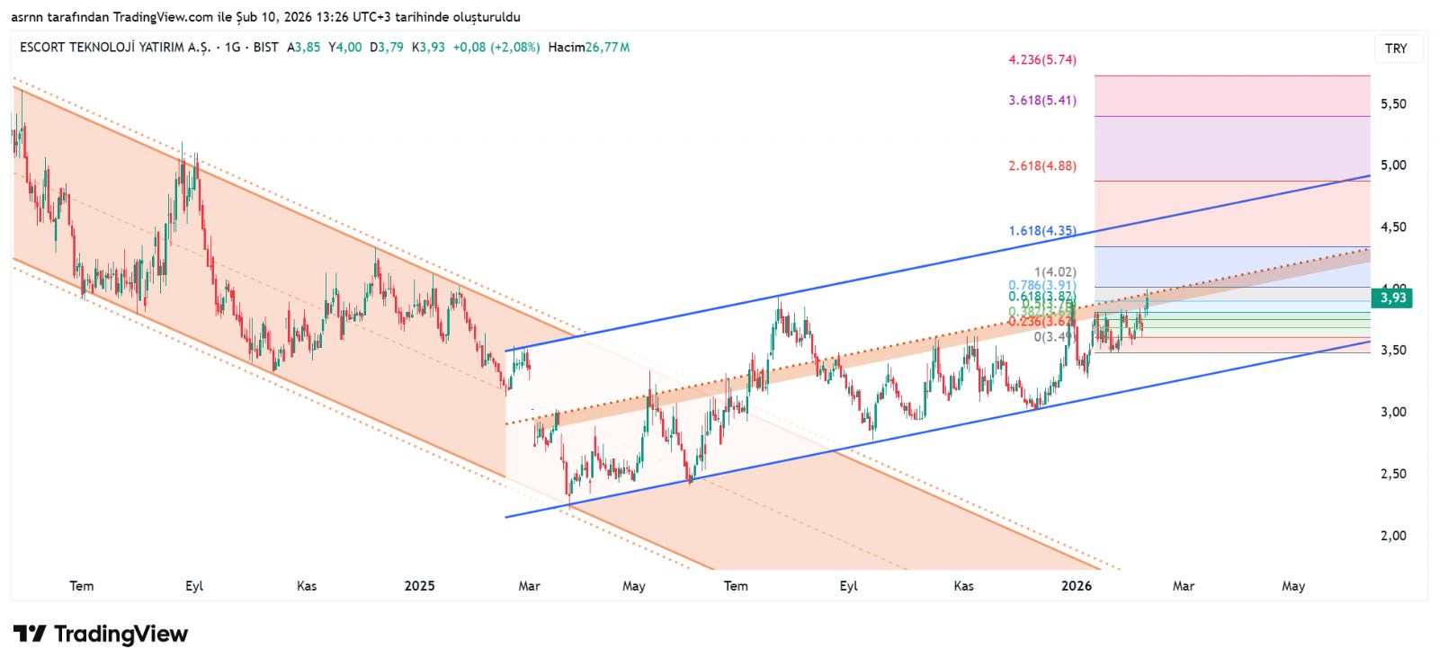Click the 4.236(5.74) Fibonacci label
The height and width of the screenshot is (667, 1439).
click(1041, 60)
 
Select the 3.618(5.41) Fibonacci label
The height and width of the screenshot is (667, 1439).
click(1041, 101)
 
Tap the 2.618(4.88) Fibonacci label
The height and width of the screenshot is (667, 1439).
click(1041, 166)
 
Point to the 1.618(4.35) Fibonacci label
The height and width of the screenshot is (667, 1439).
click(1041, 231)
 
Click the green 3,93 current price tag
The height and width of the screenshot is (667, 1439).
click(1392, 298)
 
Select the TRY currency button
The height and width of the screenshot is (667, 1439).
click(1396, 49)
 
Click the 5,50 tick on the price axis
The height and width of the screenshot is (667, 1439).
click(1393, 104)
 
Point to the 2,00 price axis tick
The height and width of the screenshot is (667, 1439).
click(1393, 536)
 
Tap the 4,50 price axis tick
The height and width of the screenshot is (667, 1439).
click(1393, 227)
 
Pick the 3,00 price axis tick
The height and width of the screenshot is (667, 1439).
click(1393, 413)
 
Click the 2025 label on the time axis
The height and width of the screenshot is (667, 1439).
click(419, 586)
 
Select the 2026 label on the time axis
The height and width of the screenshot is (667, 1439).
click(1077, 586)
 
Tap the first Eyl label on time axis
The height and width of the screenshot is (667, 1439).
click(194, 586)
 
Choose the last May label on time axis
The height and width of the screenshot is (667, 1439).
click(1293, 586)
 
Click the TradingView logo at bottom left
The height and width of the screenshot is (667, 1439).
click(101, 635)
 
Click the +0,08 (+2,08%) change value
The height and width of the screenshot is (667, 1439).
click(496, 48)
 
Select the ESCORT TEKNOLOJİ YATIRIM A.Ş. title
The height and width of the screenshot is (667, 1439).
click(115, 48)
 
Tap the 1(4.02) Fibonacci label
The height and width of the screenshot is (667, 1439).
click(1055, 272)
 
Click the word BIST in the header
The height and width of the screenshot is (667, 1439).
click(266, 48)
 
